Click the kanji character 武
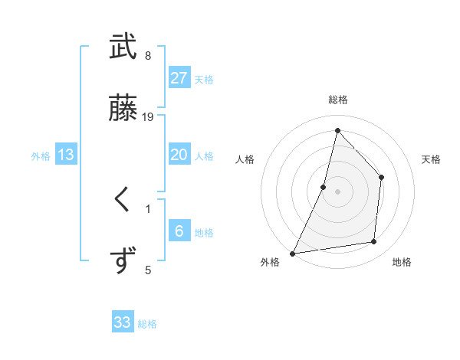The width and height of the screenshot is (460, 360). pos(123,47)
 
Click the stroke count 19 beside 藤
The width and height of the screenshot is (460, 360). pos(148,116)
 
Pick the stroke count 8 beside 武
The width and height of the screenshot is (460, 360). pos(148,55)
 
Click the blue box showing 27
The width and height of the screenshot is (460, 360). pos(179,78)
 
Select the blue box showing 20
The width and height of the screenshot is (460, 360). pos(179,155)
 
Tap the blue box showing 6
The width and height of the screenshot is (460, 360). pos(179,231)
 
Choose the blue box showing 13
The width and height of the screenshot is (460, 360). pos(66,155)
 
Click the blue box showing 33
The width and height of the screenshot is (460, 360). pos(123,322)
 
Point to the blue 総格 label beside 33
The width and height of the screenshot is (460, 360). pos(147,324)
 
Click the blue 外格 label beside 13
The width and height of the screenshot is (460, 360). pos(41,156)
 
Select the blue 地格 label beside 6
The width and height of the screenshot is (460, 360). pos(204,233)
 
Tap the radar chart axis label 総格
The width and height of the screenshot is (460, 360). pos(337,100)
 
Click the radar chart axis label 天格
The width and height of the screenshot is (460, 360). pos(432,159)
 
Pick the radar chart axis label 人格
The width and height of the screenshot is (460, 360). pos(245,159)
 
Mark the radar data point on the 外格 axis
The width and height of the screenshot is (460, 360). pos(292,253)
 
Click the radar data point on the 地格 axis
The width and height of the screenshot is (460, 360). pos(374,242)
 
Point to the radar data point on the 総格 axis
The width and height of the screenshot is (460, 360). pos(337,129)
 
